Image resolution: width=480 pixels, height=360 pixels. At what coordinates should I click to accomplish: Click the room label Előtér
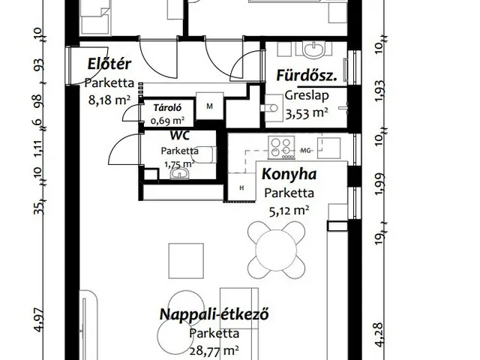pyautogui.click(x=104, y=64)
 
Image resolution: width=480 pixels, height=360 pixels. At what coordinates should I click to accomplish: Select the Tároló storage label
pyautogui.click(x=166, y=107)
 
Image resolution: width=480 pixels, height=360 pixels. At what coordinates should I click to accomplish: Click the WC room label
pyautogui.click(x=179, y=136)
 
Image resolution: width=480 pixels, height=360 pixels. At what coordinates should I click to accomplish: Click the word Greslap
pyautogui.click(x=304, y=96)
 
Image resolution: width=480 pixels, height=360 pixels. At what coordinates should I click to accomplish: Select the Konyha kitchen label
pyautogui.click(x=289, y=175)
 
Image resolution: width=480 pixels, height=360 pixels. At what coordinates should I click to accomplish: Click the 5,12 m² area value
pyautogui.click(x=289, y=211)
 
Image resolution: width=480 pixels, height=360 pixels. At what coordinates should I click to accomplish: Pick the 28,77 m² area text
pyautogui.click(x=214, y=350)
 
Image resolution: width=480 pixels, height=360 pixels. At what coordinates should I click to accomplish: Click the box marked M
pyautogui.click(x=210, y=106)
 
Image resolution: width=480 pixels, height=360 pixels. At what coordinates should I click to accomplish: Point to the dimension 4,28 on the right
pyautogui.click(x=379, y=334)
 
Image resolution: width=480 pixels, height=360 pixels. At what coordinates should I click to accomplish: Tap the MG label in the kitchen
pyautogui.click(x=306, y=150)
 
